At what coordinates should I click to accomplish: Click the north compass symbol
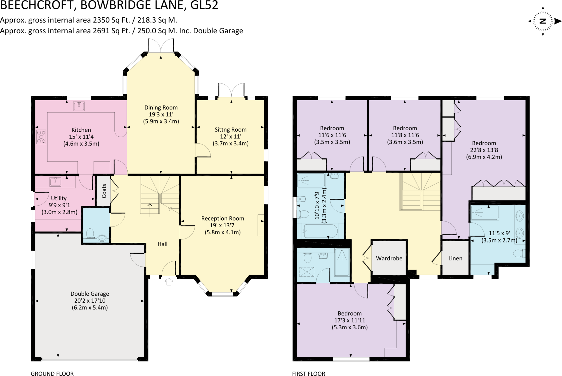pos(543,21)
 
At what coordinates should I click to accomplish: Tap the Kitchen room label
pos(81,130)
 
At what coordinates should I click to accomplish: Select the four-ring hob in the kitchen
pos(41,137)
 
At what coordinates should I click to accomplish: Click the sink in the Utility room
pos(55,182)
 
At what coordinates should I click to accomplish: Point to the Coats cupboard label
pos(104,191)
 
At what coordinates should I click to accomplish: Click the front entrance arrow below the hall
pos(169,281)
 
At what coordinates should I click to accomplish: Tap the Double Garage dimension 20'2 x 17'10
pos(90,300)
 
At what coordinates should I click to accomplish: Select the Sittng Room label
pos(231,129)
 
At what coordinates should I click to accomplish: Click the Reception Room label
pos(223,218)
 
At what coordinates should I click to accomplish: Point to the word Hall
pos(162,244)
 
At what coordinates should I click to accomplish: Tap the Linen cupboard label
pos(455,258)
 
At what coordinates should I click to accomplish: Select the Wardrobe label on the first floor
pos(389,258)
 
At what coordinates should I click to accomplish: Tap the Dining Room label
pos(161,107)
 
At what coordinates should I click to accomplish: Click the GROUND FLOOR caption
pos(52,374)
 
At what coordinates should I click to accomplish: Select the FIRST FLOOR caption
pos(308,374)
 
